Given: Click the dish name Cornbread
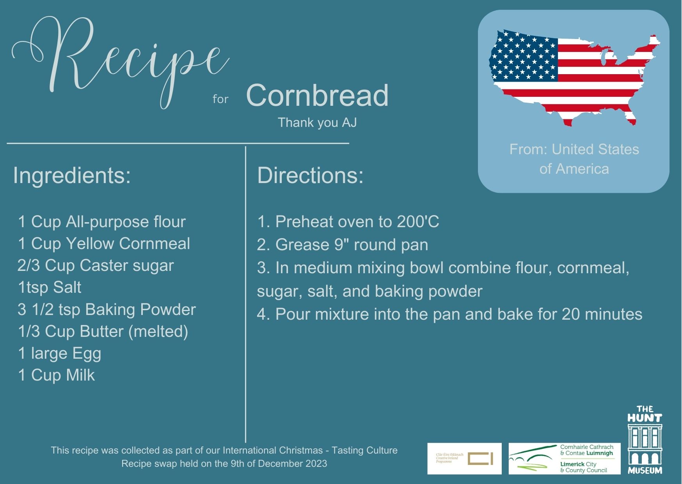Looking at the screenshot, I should (x=317, y=96).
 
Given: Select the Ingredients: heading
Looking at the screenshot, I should (x=72, y=175).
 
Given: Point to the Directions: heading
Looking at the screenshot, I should (x=310, y=175).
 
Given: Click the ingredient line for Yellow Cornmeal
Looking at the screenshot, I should (x=104, y=244).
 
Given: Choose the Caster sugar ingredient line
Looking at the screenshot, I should (x=96, y=265).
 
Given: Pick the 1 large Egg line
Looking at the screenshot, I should (x=59, y=353).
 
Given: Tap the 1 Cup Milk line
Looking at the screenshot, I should (x=56, y=375).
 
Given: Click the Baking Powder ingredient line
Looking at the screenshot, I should (x=107, y=310).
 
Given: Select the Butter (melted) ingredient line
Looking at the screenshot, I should (x=103, y=331).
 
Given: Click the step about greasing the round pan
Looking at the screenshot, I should (x=342, y=245).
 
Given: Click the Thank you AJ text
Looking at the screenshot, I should (x=317, y=123).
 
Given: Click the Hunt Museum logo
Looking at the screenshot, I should (x=645, y=440).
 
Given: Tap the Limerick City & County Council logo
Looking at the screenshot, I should (x=564, y=459).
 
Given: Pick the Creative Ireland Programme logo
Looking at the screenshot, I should (x=464, y=459).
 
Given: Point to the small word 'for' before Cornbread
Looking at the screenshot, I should (x=220, y=99).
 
